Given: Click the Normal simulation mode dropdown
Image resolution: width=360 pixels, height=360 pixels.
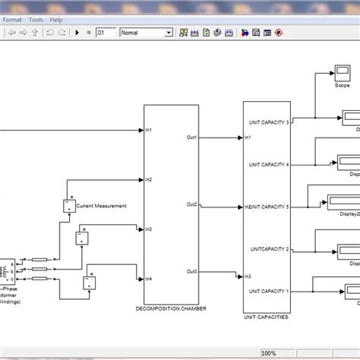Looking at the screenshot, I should click(x=146, y=33).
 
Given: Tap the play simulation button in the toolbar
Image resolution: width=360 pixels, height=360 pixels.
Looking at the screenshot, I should click(x=77, y=33).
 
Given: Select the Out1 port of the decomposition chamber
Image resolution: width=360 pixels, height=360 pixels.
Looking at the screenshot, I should click(x=192, y=137).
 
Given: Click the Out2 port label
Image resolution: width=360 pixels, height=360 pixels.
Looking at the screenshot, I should click(x=192, y=205).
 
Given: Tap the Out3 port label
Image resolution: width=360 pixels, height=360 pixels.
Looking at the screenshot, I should click(x=192, y=272).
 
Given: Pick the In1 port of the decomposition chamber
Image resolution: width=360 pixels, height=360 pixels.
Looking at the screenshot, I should click(x=150, y=130).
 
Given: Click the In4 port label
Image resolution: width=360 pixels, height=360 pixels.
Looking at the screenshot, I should click(x=150, y=278).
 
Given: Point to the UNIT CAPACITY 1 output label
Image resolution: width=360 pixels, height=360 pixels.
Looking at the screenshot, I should click(x=270, y=291).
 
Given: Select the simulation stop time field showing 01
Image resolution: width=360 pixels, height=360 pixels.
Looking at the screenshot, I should click(x=106, y=33).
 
